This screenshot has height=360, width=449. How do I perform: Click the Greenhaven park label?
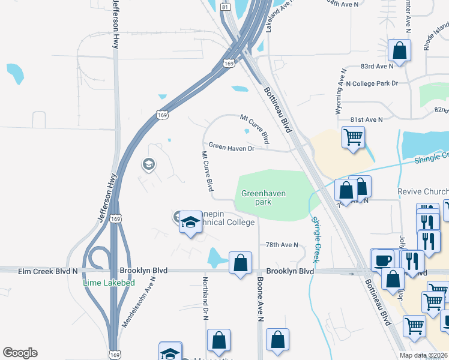point(264,197)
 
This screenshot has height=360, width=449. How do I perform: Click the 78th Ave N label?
point(282,245)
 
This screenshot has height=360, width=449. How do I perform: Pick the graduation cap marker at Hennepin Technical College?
point(190,222)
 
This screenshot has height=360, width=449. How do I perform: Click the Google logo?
point(20,353)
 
